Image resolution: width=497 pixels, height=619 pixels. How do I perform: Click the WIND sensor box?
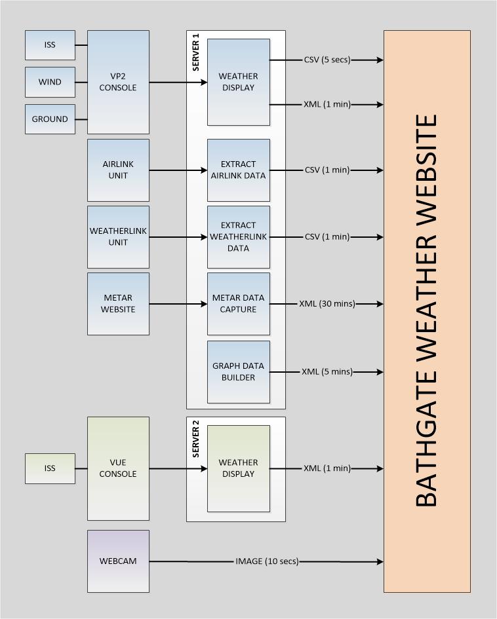(x=50, y=82)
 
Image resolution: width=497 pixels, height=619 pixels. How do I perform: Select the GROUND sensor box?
(x=50, y=119)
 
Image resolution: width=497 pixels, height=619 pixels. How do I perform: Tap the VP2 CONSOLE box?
(x=118, y=82)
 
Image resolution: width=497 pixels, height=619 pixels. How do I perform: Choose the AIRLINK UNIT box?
(x=118, y=170)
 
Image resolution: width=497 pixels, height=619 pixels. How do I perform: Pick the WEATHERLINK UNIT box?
(x=118, y=236)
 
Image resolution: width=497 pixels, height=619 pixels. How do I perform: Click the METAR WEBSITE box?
(x=118, y=303)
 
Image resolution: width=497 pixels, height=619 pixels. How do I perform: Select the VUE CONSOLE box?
(x=118, y=468)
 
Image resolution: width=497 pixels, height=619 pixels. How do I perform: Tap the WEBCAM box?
(x=118, y=561)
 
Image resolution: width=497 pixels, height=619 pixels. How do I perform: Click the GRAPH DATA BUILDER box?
(x=238, y=371)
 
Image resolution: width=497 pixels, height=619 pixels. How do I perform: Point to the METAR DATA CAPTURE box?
(x=238, y=303)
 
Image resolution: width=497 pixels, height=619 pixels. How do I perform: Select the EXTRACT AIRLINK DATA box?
(x=238, y=170)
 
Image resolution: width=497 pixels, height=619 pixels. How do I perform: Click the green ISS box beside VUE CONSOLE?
(x=50, y=468)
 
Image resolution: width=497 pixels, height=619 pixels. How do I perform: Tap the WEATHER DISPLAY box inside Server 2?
(x=238, y=468)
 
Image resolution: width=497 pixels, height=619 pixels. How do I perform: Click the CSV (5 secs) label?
(x=327, y=60)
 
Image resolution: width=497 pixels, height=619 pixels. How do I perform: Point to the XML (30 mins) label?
(x=327, y=304)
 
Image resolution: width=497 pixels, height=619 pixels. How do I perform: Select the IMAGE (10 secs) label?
(x=267, y=561)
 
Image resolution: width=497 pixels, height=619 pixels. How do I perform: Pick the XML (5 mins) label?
(x=327, y=372)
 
